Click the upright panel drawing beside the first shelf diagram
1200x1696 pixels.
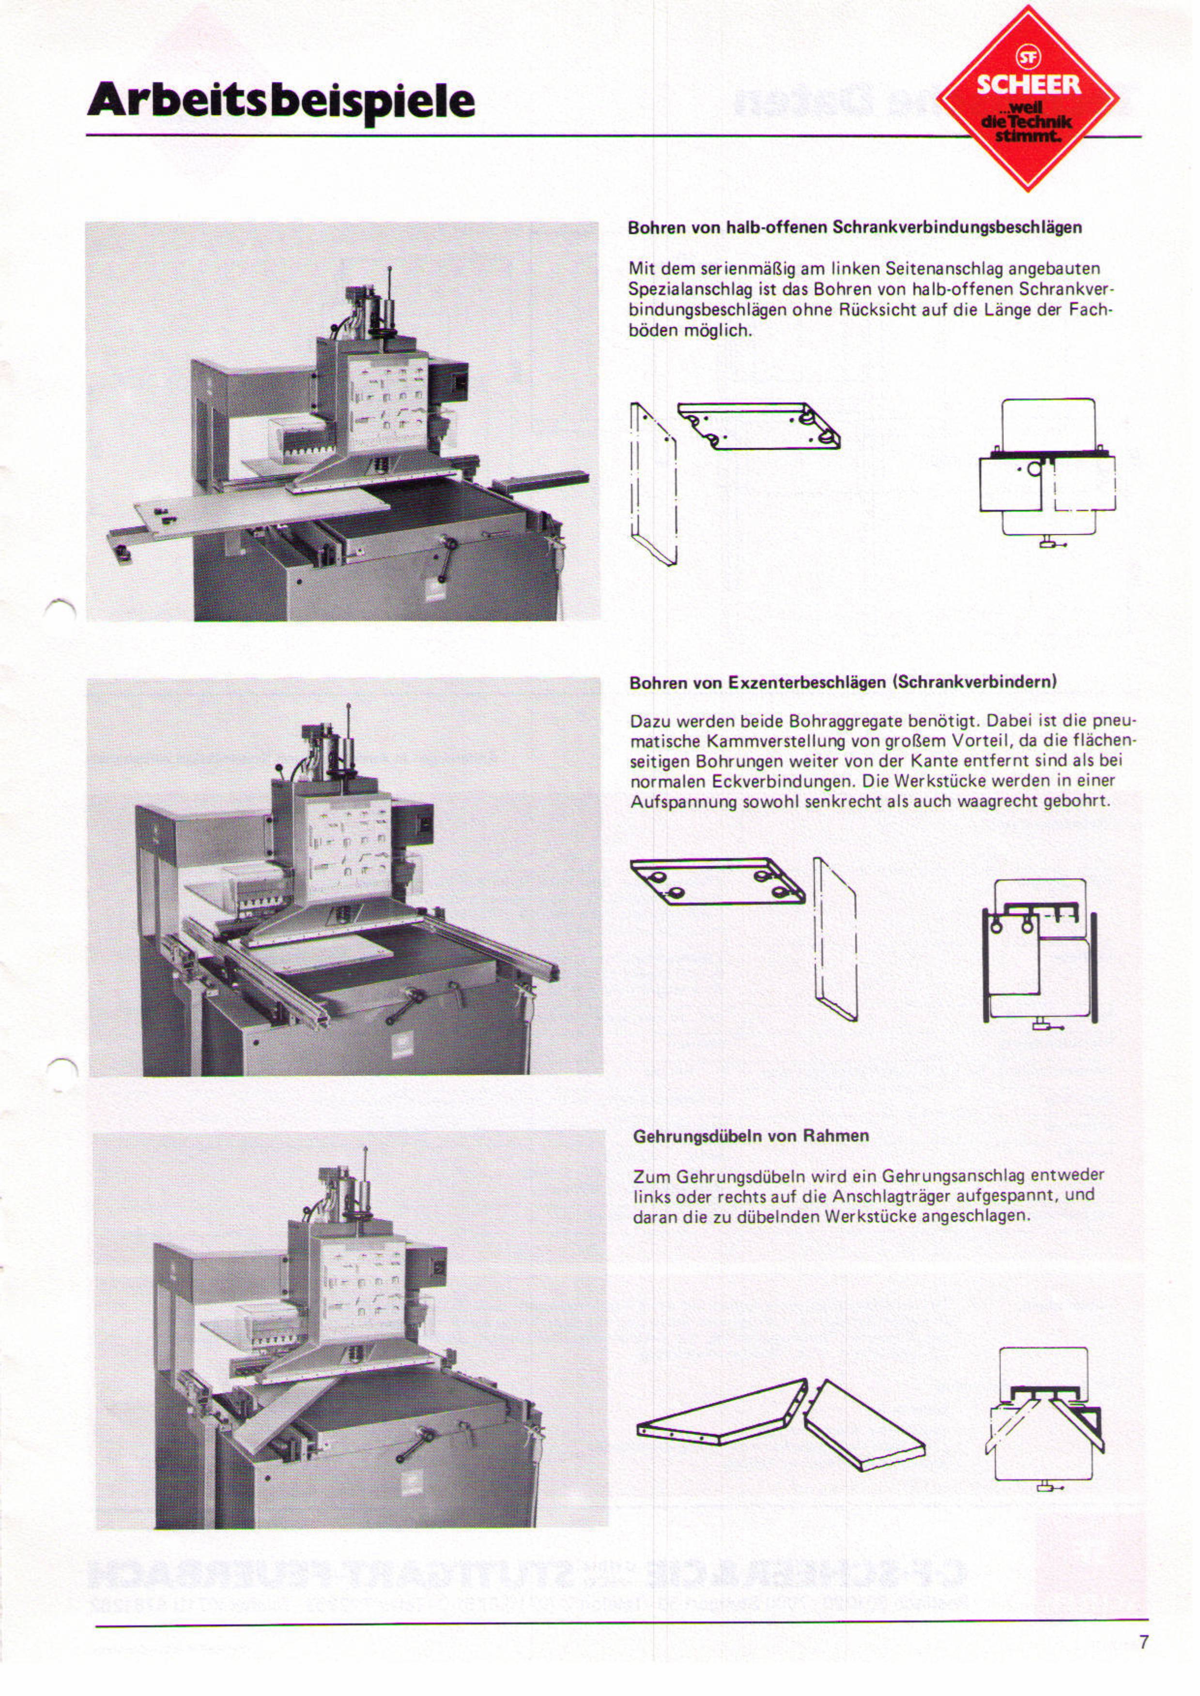(x=654, y=484)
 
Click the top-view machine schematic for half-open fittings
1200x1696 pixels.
(x=1048, y=473)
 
